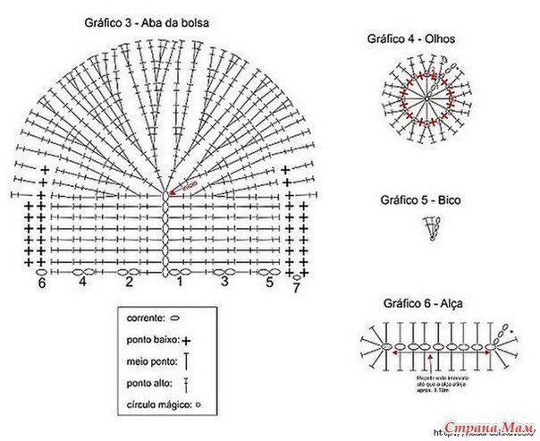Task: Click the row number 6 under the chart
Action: tap(41, 284)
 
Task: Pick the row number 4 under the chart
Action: tap(82, 282)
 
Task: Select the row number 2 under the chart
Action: tap(130, 282)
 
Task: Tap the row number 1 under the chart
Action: tap(179, 283)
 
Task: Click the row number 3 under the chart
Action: tap(224, 282)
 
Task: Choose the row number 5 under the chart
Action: tap(269, 282)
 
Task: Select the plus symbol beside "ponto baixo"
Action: tap(188, 340)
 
